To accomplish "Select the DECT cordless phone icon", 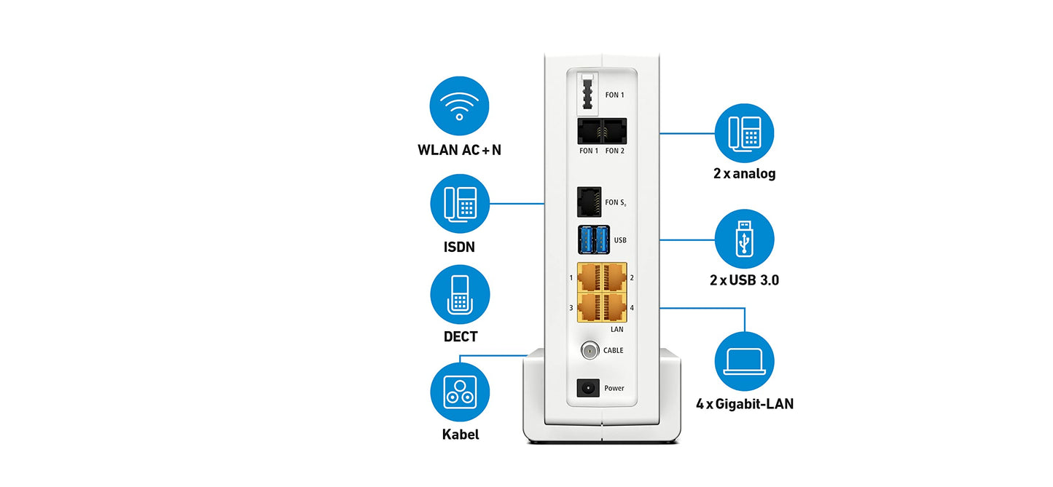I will tap(459, 294).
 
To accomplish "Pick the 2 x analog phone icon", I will tap(744, 133).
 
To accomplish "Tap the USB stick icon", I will tap(744, 239).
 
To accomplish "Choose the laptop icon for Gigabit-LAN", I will tap(744, 361).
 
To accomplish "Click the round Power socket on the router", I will tap(588, 388).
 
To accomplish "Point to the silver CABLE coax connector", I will tap(589, 350).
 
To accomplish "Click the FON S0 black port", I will tap(588, 202).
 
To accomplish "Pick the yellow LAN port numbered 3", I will tap(589, 307).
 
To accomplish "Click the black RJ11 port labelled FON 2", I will tap(614, 132).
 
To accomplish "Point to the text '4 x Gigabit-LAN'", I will tap(744, 403).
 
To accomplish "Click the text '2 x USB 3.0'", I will tap(744, 280).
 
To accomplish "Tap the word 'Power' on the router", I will tap(614, 389).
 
